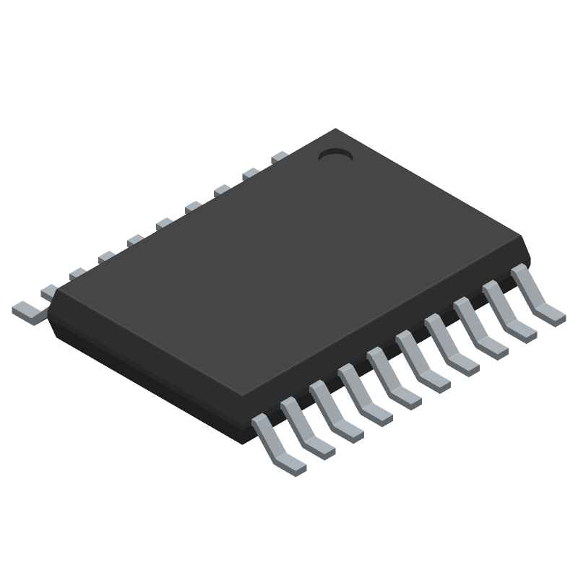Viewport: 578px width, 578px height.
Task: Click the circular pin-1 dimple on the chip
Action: pyautogui.click(x=335, y=155)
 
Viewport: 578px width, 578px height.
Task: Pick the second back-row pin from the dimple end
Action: pyautogui.click(x=251, y=173)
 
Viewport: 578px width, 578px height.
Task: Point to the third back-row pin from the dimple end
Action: pyautogui.click(x=222, y=190)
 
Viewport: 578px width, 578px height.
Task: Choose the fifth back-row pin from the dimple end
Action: pyautogui.click(x=164, y=223)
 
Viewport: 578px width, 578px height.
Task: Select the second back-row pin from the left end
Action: pyautogui.click(x=49, y=291)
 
